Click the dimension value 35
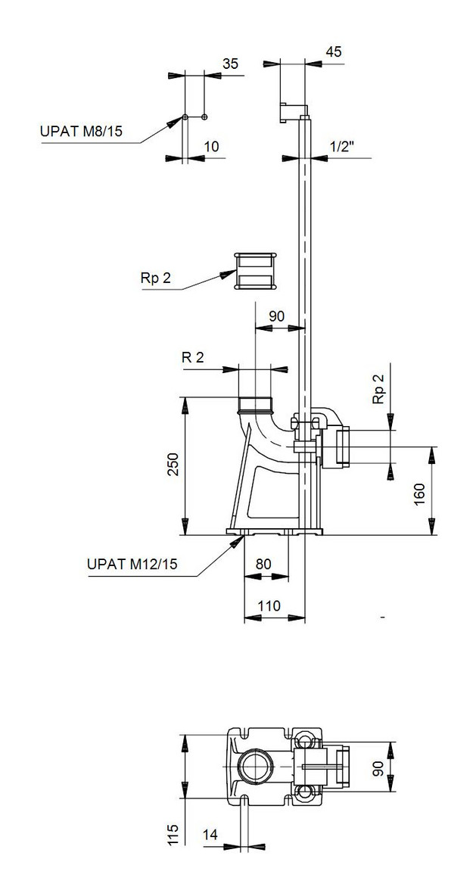(231, 64)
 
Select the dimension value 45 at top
(334, 51)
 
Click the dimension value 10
(212, 146)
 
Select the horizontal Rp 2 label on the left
(156, 278)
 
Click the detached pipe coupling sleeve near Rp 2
(255, 270)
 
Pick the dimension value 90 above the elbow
(277, 316)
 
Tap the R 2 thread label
(193, 357)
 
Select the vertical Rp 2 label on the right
(380, 389)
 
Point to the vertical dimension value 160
(420, 491)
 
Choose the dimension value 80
(265, 563)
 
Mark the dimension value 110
(270, 605)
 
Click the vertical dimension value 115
(173, 834)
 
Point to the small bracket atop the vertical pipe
(291, 110)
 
